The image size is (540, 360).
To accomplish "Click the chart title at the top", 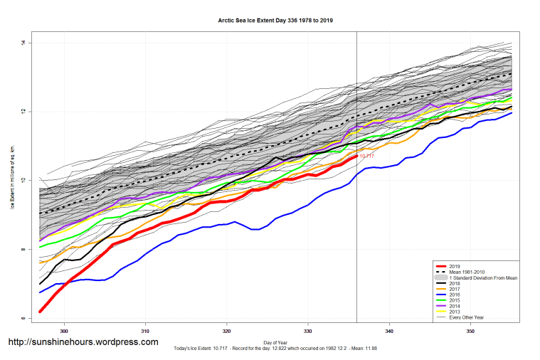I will pos(275,21).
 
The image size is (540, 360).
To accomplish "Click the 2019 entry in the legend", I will pos(455,265).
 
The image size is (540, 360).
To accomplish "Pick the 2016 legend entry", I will pos(455,294).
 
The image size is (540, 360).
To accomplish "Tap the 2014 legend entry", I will pos(455,305).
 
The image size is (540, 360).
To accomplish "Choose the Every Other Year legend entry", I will pos(466,317).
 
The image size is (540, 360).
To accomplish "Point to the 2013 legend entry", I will pos(455,311).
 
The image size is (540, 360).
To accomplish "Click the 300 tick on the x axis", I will pos(65,332).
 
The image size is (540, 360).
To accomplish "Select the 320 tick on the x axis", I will pos(227,332).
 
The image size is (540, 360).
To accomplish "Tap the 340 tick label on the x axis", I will pos(389,332).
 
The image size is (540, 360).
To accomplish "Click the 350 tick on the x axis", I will pos(470,332).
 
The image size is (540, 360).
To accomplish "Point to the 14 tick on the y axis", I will pos(23,43).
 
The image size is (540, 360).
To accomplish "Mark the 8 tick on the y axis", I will pos(23,250).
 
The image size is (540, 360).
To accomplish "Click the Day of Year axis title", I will pos(275,343).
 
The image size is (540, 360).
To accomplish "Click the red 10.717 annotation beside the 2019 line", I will pos(366,156).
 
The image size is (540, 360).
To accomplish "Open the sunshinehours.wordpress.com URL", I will pos(83,342).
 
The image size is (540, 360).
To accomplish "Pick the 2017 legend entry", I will pos(455,288).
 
